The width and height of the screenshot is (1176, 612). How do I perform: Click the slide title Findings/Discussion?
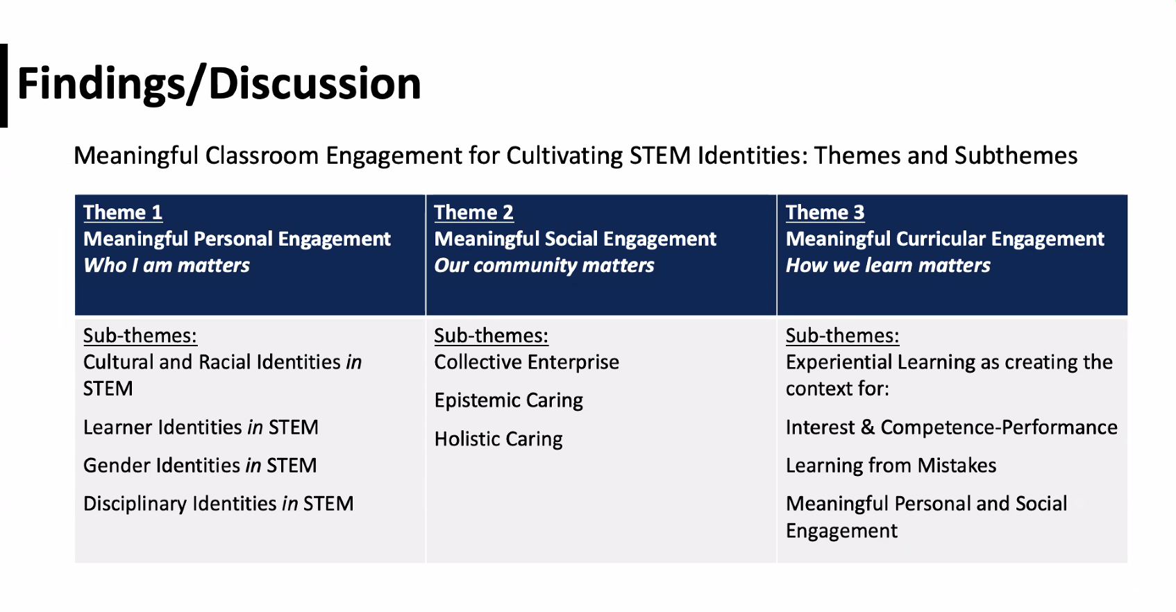(x=219, y=84)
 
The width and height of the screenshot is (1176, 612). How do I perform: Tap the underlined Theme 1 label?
(x=123, y=212)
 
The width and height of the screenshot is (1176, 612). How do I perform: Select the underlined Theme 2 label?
(x=473, y=212)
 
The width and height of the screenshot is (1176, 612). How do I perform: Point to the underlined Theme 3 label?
(x=825, y=212)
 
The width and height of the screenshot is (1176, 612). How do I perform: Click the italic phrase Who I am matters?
(x=167, y=265)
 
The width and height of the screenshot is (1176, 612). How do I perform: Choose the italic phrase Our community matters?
(x=544, y=266)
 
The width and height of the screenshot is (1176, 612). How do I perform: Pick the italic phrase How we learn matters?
(x=888, y=265)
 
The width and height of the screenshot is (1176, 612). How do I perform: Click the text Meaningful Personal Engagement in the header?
(x=237, y=239)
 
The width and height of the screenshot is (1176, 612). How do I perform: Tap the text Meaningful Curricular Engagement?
(x=945, y=239)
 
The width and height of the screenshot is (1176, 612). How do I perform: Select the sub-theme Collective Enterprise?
(x=527, y=362)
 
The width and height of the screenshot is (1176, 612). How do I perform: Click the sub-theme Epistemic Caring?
(x=508, y=400)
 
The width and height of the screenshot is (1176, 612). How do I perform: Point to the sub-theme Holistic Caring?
(x=498, y=439)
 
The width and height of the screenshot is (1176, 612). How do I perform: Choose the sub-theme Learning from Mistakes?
(x=891, y=466)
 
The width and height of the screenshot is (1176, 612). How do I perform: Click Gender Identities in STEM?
(x=200, y=466)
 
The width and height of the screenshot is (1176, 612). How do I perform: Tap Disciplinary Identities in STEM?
(x=219, y=504)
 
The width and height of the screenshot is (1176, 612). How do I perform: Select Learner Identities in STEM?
(x=201, y=427)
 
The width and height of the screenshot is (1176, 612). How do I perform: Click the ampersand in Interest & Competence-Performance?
(x=867, y=427)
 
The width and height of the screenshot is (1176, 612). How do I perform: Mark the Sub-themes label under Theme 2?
(x=492, y=336)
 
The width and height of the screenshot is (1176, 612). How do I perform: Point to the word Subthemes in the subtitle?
(x=1016, y=155)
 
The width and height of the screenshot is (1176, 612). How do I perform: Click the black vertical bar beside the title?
(x=3, y=85)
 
